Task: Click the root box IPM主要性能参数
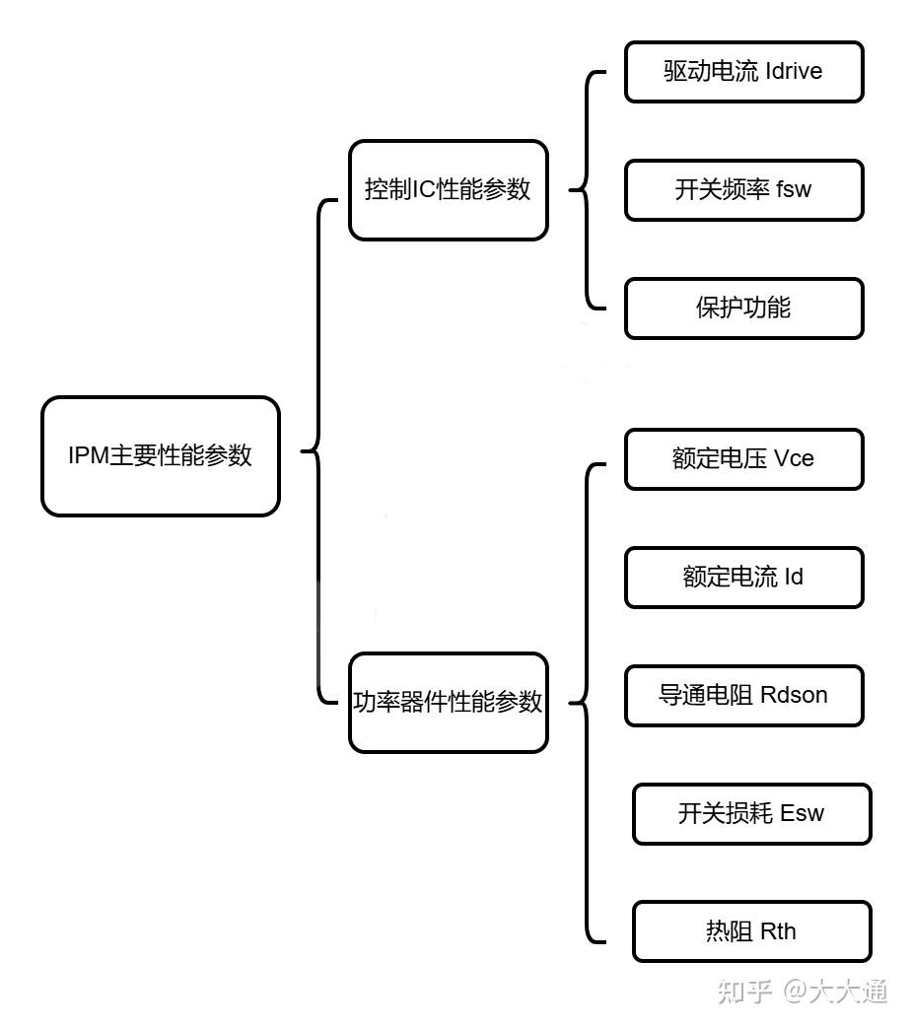click(x=160, y=456)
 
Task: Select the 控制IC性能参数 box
click(x=448, y=190)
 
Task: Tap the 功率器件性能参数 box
click(x=448, y=703)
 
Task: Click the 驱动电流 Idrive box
click(x=743, y=72)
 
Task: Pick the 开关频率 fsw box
click(x=743, y=190)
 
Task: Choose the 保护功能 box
click(x=743, y=309)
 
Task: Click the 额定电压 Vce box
click(x=743, y=459)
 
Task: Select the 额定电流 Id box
click(x=743, y=578)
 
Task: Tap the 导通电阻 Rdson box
click(x=743, y=696)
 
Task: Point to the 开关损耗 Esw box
click(x=751, y=814)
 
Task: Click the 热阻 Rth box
click(x=751, y=931)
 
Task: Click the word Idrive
click(x=793, y=72)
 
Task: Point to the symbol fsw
click(x=794, y=190)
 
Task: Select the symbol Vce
click(x=794, y=459)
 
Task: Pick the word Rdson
click(x=794, y=696)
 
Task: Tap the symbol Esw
click(x=802, y=814)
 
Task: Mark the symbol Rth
click(x=778, y=931)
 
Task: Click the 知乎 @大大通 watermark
click(x=803, y=992)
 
